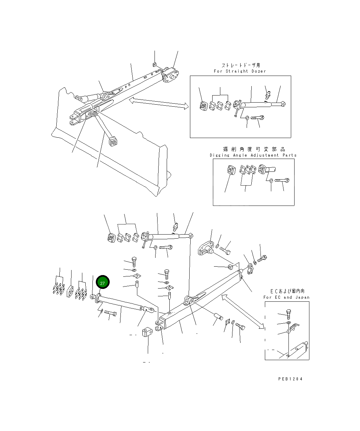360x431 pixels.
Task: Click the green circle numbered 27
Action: coord(103,283)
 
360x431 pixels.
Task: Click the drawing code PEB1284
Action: coord(290,379)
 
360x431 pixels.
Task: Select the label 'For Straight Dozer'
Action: coord(240,71)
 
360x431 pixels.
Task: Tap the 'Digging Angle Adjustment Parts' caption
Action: coord(253,155)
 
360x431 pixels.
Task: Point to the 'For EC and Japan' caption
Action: coord(286,297)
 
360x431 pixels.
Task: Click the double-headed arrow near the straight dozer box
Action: coord(159,103)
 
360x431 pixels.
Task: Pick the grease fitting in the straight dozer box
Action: coord(268,96)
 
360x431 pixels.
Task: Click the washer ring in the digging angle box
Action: coord(271,181)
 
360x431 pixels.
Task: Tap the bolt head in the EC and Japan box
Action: coord(288,313)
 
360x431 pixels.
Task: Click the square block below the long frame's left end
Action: coord(147,332)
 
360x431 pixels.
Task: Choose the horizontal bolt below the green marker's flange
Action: coord(110,313)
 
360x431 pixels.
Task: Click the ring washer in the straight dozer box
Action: coord(247,118)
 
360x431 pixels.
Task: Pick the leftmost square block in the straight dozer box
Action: coord(203,106)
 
